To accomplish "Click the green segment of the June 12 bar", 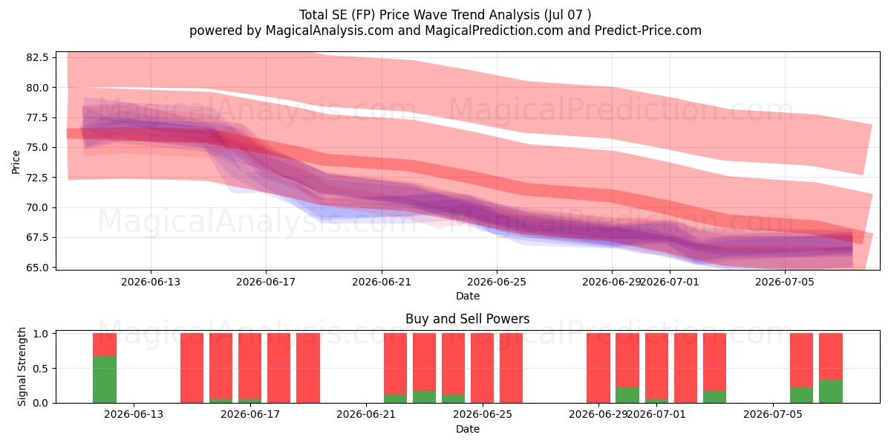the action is coord(105,380).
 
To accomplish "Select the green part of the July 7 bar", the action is coord(831,392).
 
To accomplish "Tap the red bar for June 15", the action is coord(192,368).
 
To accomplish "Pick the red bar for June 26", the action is coord(511,368).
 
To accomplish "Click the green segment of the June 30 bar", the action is coord(627,395).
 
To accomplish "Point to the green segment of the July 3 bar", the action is coord(714,397).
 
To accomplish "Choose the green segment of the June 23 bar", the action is coord(424,397).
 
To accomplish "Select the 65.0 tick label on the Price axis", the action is coord(37,268).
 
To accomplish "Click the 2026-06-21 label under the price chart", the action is coord(382,282).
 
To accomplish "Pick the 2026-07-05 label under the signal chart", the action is coord(773,415).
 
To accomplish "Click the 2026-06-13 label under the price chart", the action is coord(151,282).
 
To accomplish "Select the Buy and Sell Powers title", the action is coord(467,319).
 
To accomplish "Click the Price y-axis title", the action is coord(16,162).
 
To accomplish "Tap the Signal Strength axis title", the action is coord(22,366).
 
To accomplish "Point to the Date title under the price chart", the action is coord(468,296).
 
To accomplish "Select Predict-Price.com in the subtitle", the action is coord(648,30).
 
